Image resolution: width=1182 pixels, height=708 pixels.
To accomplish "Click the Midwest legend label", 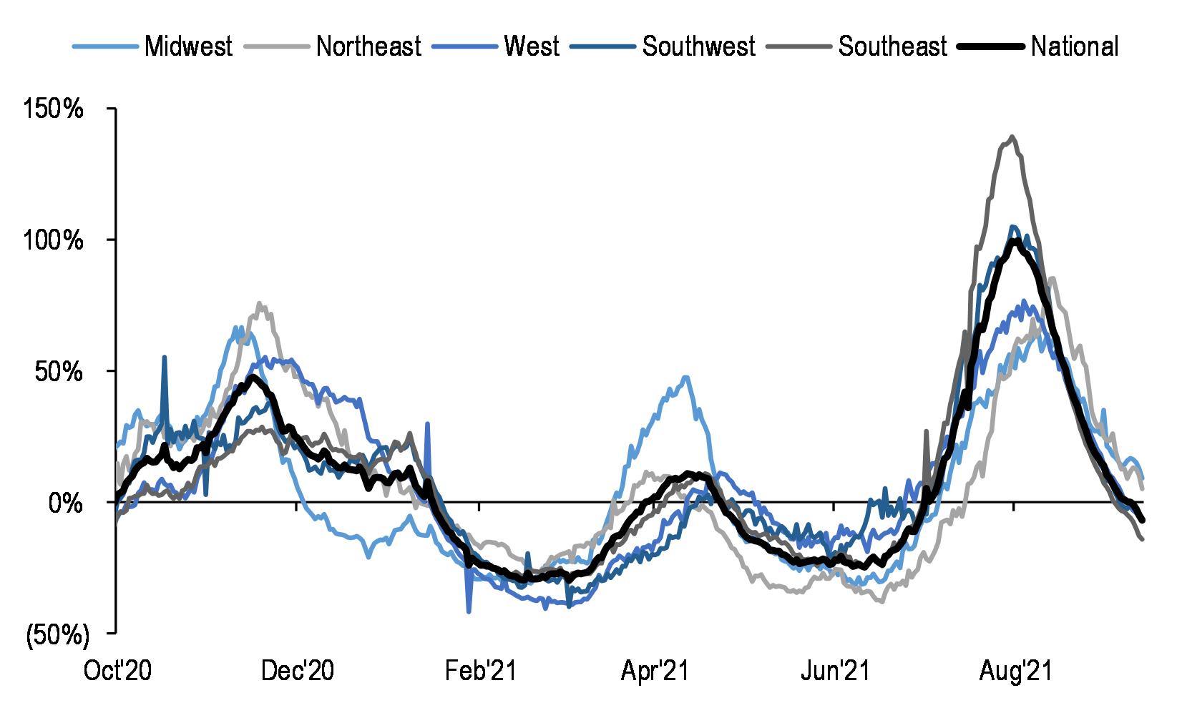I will tap(188, 46).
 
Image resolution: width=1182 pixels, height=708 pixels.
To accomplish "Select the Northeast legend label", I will tap(368, 46).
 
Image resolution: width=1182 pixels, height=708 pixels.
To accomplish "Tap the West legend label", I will tap(531, 46).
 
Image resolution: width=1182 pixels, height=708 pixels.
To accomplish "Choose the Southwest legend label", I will tap(698, 46).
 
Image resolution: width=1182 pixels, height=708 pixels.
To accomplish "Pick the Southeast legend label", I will tap(892, 46).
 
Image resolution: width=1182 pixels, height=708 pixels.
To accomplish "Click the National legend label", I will tap(1075, 46).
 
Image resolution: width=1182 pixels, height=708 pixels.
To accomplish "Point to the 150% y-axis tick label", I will tap(54, 109).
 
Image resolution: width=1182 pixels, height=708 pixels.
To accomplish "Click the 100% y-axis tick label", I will tap(54, 240).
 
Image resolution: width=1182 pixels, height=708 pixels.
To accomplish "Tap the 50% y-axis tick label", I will tap(59, 372).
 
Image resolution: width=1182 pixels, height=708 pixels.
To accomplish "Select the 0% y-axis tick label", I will tap(66, 503).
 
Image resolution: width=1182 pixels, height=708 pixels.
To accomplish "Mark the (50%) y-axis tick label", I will tap(57, 634).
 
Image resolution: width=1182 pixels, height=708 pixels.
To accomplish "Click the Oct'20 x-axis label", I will tap(117, 671).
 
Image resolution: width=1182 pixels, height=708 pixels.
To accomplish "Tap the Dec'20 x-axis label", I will tap(298, 671).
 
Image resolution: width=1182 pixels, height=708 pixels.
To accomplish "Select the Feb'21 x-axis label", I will tap(480, 671).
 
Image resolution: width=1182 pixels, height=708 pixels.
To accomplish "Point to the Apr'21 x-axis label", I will tap(655, 671).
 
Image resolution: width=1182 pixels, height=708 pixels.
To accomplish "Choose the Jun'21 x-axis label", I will tap(835, 671).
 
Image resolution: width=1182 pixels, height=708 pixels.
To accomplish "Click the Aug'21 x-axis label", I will tap(1016, 671).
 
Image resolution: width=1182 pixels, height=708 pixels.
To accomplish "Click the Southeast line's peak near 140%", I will tap(1011, 137).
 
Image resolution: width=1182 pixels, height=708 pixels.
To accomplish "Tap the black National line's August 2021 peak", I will tap(1015, 240).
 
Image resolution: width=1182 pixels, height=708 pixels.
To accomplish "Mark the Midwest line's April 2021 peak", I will tap(685, 377).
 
